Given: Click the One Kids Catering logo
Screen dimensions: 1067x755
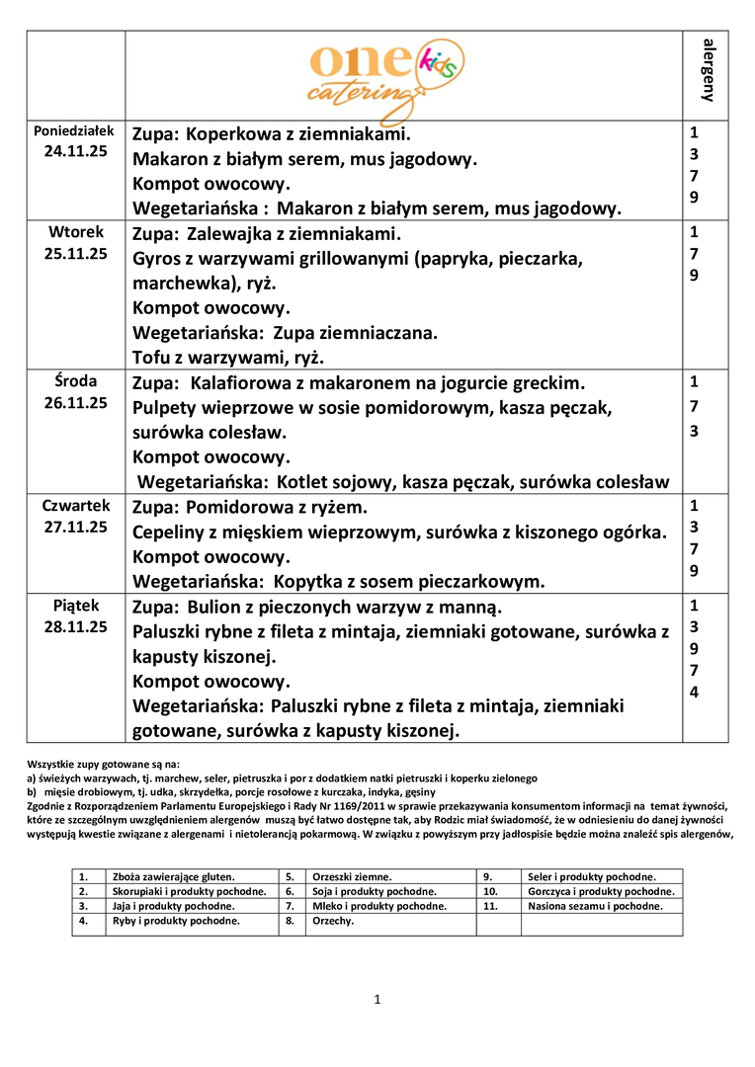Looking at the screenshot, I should pyautogui.click(x=384, y=73).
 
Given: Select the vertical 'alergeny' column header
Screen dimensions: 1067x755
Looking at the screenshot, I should pyautogui.click(x=708, y=71).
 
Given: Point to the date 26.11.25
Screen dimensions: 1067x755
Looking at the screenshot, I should pyautogui.click(x=74, y=402).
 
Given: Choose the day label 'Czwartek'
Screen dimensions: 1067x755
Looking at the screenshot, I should pyautogui.click(x=75, y=506).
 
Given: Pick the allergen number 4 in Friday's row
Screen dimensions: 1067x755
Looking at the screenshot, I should pyautogui.click(x=694, y=692).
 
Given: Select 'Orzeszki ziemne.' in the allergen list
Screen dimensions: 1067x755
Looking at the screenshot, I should pyautogui.click(x=352, y=876).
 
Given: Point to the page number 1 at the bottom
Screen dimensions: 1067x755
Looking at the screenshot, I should pyautogui.click(x=377, y=1000).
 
